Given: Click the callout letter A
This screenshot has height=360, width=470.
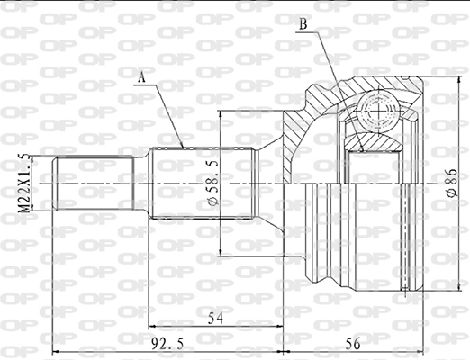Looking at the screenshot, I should (141, 78).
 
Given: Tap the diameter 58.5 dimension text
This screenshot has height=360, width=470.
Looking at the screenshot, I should (213, 184).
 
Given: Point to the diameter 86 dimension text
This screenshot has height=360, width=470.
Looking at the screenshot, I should (450, 184).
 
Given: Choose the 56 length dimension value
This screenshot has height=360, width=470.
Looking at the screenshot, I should (353, 343).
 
